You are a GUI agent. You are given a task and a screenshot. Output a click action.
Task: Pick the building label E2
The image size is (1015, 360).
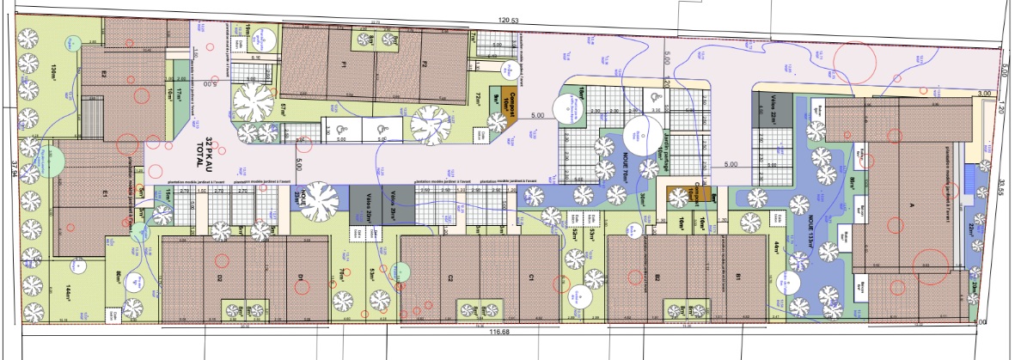(x=103, y=74)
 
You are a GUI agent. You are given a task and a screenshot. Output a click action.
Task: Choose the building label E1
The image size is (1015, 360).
(x=101, y=195)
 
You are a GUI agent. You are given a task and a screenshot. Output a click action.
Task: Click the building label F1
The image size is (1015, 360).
(x=342, y=65)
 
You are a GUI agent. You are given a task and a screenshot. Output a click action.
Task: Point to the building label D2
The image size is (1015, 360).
(x=220, y=278)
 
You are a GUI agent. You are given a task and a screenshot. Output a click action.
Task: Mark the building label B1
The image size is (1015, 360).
(x=736, y=278)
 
